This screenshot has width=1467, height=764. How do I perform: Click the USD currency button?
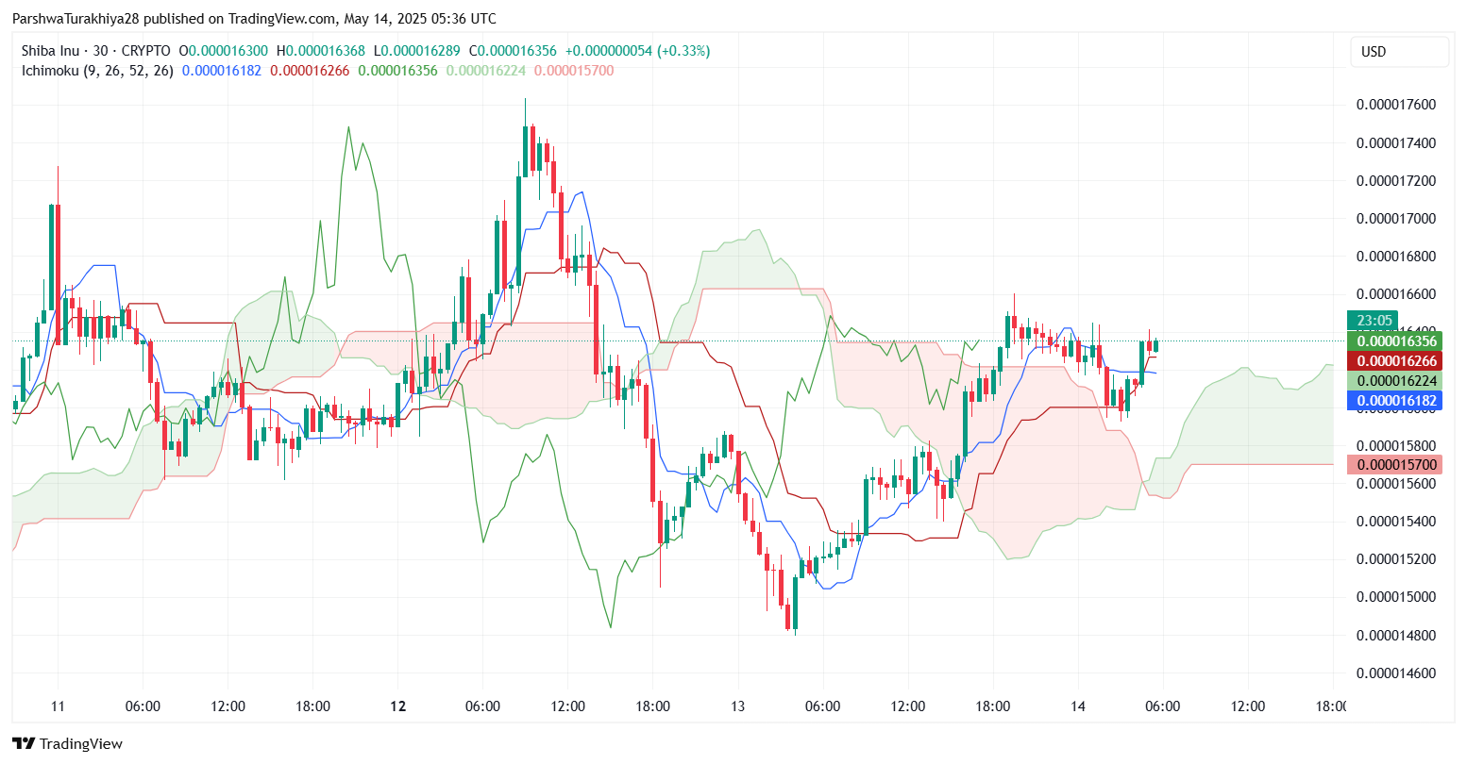pos(1374,51)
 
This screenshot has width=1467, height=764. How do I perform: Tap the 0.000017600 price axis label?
pos(1395,105)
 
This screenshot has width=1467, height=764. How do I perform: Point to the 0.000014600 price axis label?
pos(1395,673)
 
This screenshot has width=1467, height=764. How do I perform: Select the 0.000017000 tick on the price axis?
pos(1395,219)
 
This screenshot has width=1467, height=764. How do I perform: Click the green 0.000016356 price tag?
pos(1397,341)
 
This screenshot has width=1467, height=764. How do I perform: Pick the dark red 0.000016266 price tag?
pos(1397,361)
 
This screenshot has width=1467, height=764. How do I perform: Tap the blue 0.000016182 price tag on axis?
pos(1397,401)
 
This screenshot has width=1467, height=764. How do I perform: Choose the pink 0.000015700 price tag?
pos(1397,465)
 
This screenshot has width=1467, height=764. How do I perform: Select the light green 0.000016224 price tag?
pos(1397,381)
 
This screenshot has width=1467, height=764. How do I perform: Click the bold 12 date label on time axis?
pos(398,706)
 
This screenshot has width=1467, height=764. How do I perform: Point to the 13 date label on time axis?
pos(737,706)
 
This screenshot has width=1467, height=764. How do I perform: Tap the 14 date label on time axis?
pos(1078,706)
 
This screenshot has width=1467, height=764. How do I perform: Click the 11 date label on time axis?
pos(58,706)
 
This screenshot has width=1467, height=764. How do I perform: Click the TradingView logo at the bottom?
pos(68,743)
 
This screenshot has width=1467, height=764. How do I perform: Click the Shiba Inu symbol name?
pos(50,51)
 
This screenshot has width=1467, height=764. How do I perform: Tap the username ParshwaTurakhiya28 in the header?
pos(72,19)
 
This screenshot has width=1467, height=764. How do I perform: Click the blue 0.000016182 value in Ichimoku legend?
pos(221,71)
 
